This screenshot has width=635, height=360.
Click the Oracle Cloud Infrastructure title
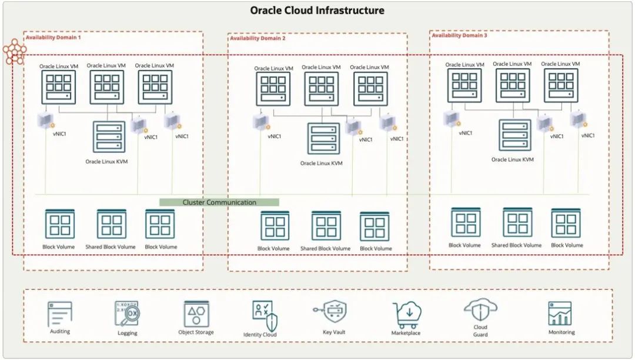point(317,11)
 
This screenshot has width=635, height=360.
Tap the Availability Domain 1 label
point(54,38)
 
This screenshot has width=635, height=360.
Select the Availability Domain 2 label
point(258,38)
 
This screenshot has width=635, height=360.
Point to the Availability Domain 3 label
point(460,36)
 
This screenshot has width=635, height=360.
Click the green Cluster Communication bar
point(219,202)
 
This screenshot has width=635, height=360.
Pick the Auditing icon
point(60,315)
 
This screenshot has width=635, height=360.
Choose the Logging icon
point(127,314)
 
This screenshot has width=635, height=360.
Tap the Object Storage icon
point(196,314)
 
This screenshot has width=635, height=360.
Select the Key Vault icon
point(334,312)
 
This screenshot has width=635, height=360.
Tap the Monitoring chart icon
point(559,314)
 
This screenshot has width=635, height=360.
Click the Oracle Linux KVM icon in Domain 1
point(109,137)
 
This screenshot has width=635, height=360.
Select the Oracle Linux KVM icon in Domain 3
point(515,135)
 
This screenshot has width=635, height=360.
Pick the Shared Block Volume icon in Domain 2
point(326,226)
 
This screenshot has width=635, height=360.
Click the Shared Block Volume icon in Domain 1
point(112,224)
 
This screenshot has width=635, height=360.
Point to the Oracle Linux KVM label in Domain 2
point(321,164)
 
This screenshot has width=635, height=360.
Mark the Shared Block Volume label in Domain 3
point(516,245)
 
